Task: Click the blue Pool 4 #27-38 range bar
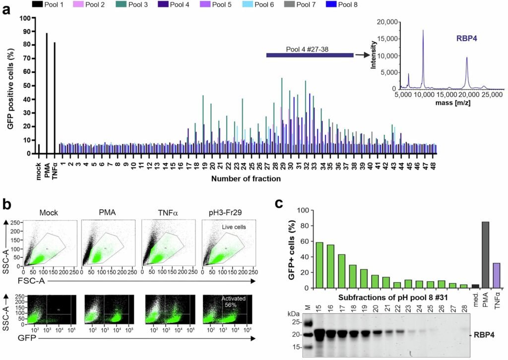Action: click(x=310, y=55)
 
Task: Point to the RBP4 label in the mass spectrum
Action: click(x=467, y=37)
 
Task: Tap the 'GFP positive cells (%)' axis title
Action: click(x=10, y=86)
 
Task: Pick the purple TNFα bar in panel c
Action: click(x=497, y=275)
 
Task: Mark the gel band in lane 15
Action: click(x=319, y=334)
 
